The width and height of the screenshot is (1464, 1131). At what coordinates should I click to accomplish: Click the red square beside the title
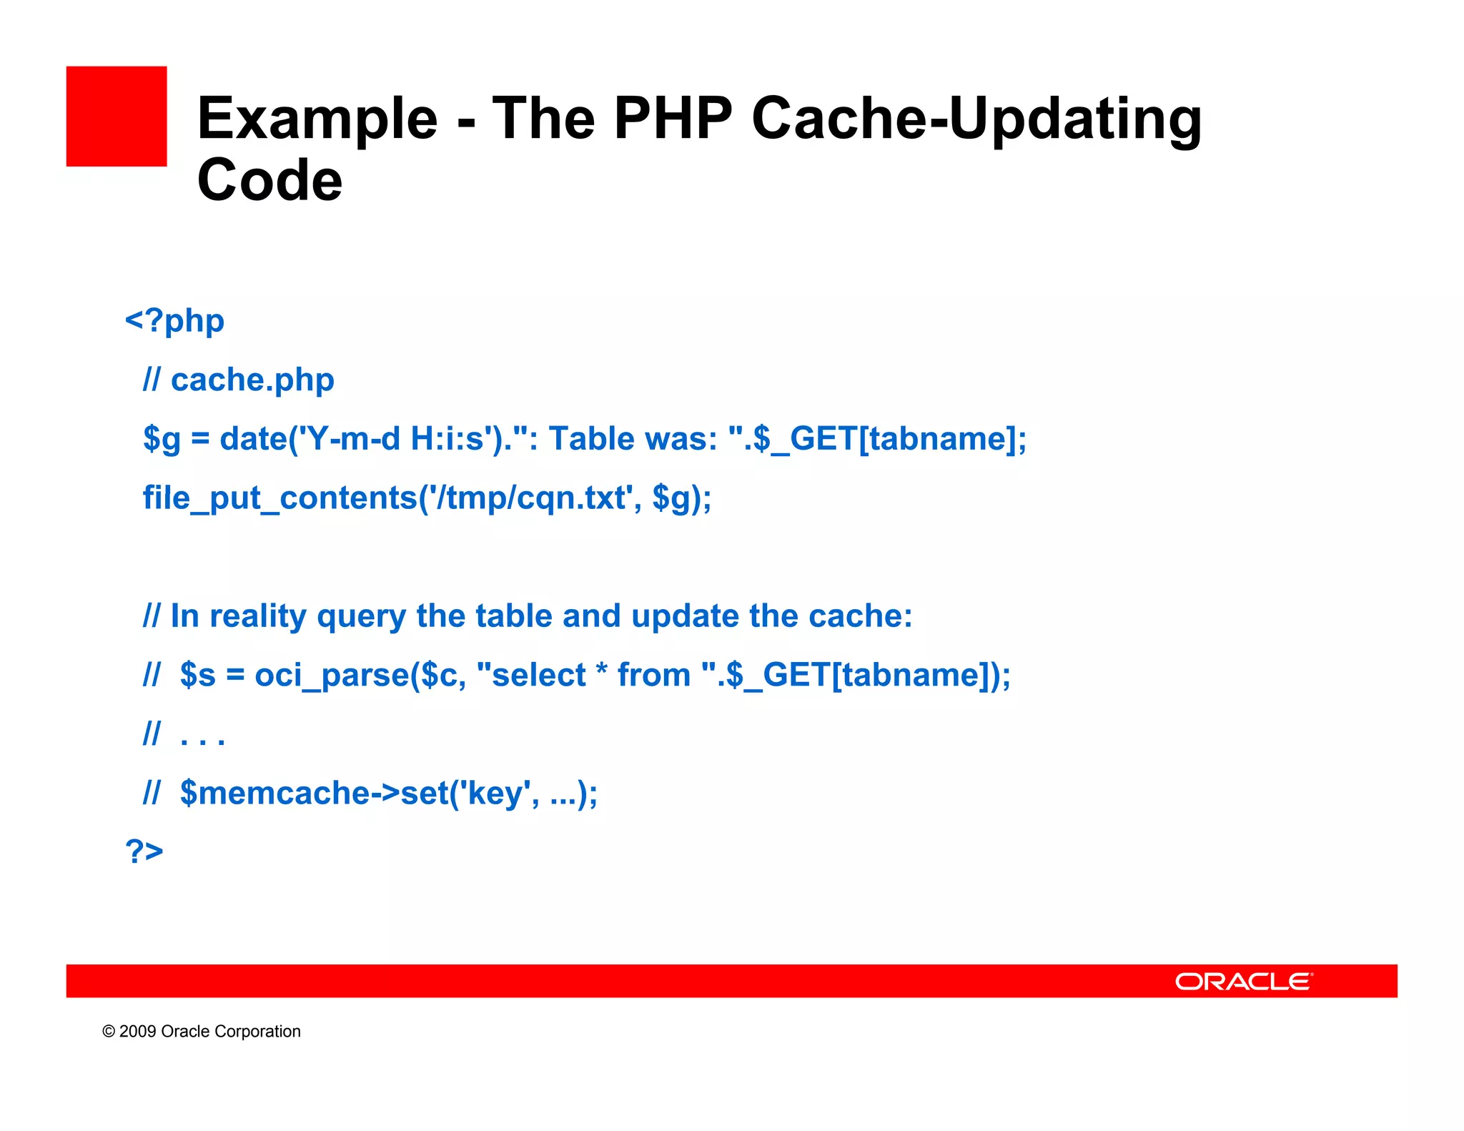point(117,117)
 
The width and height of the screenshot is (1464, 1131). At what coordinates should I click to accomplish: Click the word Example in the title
point(317,119)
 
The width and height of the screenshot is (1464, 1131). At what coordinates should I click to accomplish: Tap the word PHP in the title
point(673,118)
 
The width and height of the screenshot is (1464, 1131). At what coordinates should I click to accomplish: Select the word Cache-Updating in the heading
point(976,119)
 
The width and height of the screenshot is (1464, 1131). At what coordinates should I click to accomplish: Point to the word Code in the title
point(269,180)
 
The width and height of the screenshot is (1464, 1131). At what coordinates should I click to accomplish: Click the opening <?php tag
point(174,321)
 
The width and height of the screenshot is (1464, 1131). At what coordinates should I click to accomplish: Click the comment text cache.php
point(252,380)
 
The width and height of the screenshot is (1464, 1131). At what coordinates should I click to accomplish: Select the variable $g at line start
point(162,439)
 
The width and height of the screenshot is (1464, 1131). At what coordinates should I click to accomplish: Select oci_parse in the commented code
point(332,676)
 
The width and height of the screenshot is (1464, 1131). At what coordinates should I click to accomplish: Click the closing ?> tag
point(144,851)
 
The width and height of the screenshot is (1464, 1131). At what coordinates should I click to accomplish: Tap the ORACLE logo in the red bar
point(1243,982)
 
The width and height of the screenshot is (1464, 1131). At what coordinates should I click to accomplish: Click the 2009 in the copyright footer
point(137,1032)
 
